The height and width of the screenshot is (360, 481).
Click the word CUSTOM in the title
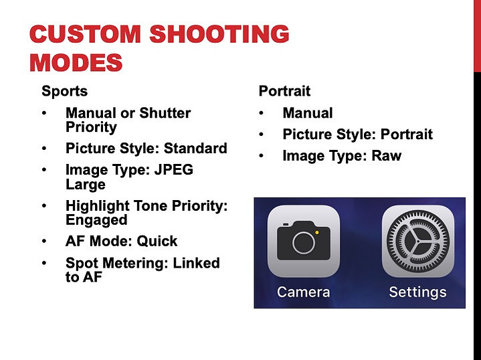85,33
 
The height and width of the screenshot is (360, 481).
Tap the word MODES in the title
76,63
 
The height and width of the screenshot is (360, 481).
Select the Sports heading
64,91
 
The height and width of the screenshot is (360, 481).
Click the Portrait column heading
284,91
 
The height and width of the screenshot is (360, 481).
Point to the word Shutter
165,113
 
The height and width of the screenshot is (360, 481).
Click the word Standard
195,149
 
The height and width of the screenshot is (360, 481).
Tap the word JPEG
174,170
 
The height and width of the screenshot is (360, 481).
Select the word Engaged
96,220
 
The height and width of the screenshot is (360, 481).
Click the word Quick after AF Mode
157,241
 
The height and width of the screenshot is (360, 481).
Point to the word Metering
135,263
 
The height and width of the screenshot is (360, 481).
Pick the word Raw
386,156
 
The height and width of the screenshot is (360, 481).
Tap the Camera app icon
304,242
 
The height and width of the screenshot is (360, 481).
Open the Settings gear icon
418,242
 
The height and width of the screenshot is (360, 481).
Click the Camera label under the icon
304,292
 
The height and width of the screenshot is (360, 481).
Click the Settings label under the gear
418,292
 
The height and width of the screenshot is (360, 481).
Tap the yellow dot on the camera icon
317,233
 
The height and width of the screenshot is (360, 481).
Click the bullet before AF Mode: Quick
44,241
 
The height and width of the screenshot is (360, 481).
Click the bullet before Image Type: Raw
261,156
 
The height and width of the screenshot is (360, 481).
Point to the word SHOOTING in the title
219,33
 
